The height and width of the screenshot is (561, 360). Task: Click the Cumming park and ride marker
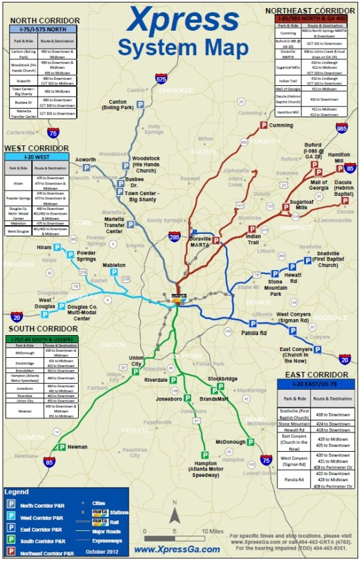pos(264,125)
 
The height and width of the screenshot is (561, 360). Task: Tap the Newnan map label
pos(77,447)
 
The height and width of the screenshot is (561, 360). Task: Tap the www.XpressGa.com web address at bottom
pos(177,550)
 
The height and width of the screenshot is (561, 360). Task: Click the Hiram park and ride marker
pos(56,247)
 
